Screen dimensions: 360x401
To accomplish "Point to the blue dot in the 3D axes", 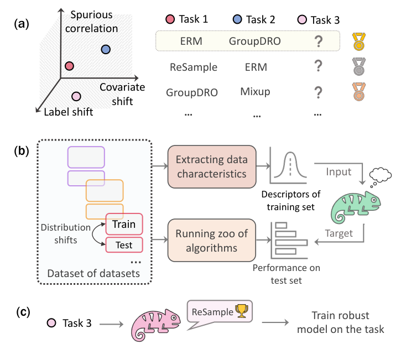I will click(106, 50).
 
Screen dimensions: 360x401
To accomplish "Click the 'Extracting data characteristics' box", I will click(212, 166).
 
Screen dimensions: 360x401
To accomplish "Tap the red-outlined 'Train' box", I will click(124, 225).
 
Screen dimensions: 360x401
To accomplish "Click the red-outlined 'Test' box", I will click(124, 244).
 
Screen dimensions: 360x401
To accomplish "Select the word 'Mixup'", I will click(255, 92).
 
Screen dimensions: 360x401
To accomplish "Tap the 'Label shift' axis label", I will click(68, 112).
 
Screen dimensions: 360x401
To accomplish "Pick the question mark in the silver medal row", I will click(317, 67).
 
